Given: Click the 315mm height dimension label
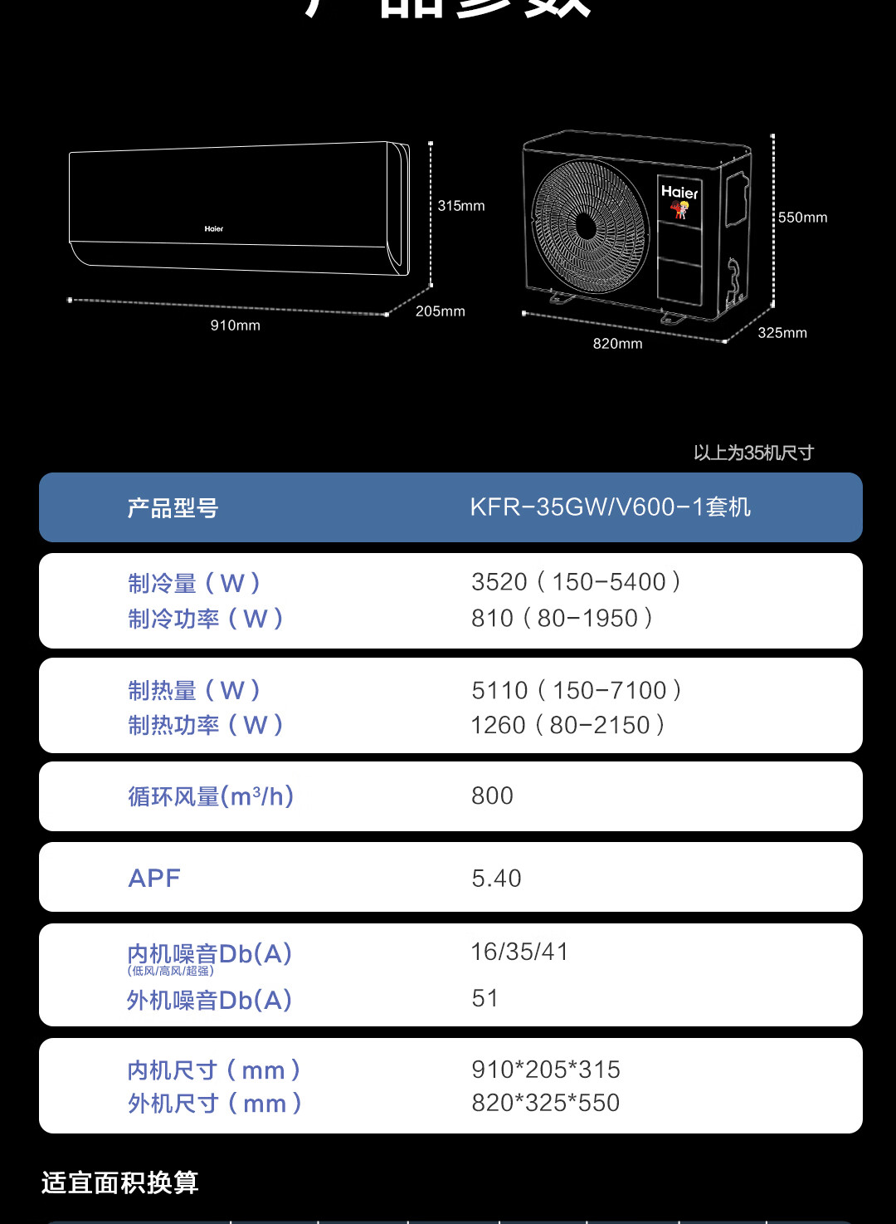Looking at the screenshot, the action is (461, 206).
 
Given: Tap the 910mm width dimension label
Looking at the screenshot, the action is (235, 326).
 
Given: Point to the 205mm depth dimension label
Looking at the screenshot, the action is (440, 311).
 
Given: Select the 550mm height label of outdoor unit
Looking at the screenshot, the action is (802, 218).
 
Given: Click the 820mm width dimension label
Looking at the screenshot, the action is (617, 344).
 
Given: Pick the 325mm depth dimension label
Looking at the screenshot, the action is (782, 333).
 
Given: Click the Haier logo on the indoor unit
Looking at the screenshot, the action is (214, 228).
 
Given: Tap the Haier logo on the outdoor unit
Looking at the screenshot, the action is (679, 193).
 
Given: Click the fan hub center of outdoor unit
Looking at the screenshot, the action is (586, 227).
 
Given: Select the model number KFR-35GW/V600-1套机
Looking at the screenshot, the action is (610, 507).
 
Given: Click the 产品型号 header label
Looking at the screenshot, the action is (173, 508).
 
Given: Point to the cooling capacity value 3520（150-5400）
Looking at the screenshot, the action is (577, 582).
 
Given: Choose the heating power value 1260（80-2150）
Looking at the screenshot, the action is (567, 726).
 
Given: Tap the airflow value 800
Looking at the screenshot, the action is (492, 796).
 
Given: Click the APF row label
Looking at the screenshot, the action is (154, 879).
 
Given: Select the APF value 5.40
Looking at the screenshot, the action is (496, 879).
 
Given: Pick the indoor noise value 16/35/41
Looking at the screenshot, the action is (519, 952).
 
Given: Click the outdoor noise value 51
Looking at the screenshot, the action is (485, 998).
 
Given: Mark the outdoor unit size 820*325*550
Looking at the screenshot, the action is (545, 1103).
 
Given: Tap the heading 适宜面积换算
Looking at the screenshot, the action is (120, 1182).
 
